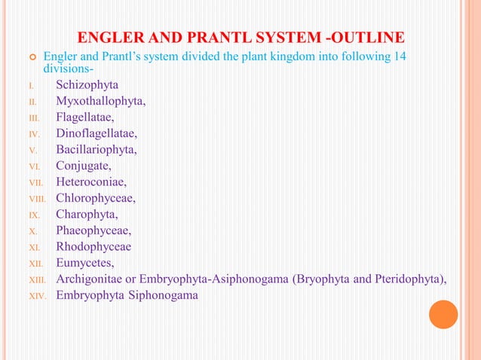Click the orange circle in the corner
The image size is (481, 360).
click(443, 314)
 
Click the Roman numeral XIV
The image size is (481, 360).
click(37, 297)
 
